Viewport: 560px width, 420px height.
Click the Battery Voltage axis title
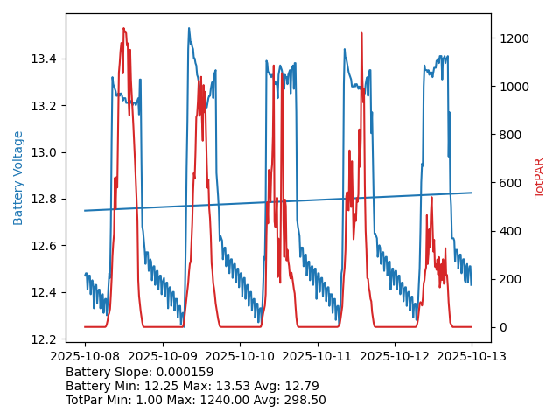coord(18,178)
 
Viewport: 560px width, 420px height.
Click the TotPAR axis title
coord(540,178)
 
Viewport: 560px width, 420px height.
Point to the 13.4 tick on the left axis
coord(45,59)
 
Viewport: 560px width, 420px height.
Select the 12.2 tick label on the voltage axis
coord(45,339)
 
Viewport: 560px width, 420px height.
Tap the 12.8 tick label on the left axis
coord(45,199)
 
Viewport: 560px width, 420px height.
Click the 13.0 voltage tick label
coord(45,152)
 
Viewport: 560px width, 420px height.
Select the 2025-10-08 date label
coord(85,356)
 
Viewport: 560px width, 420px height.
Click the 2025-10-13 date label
coord(472,356)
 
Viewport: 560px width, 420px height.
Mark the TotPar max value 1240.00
coord(241,400)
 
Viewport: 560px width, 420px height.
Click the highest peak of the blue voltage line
coord(188,28)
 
